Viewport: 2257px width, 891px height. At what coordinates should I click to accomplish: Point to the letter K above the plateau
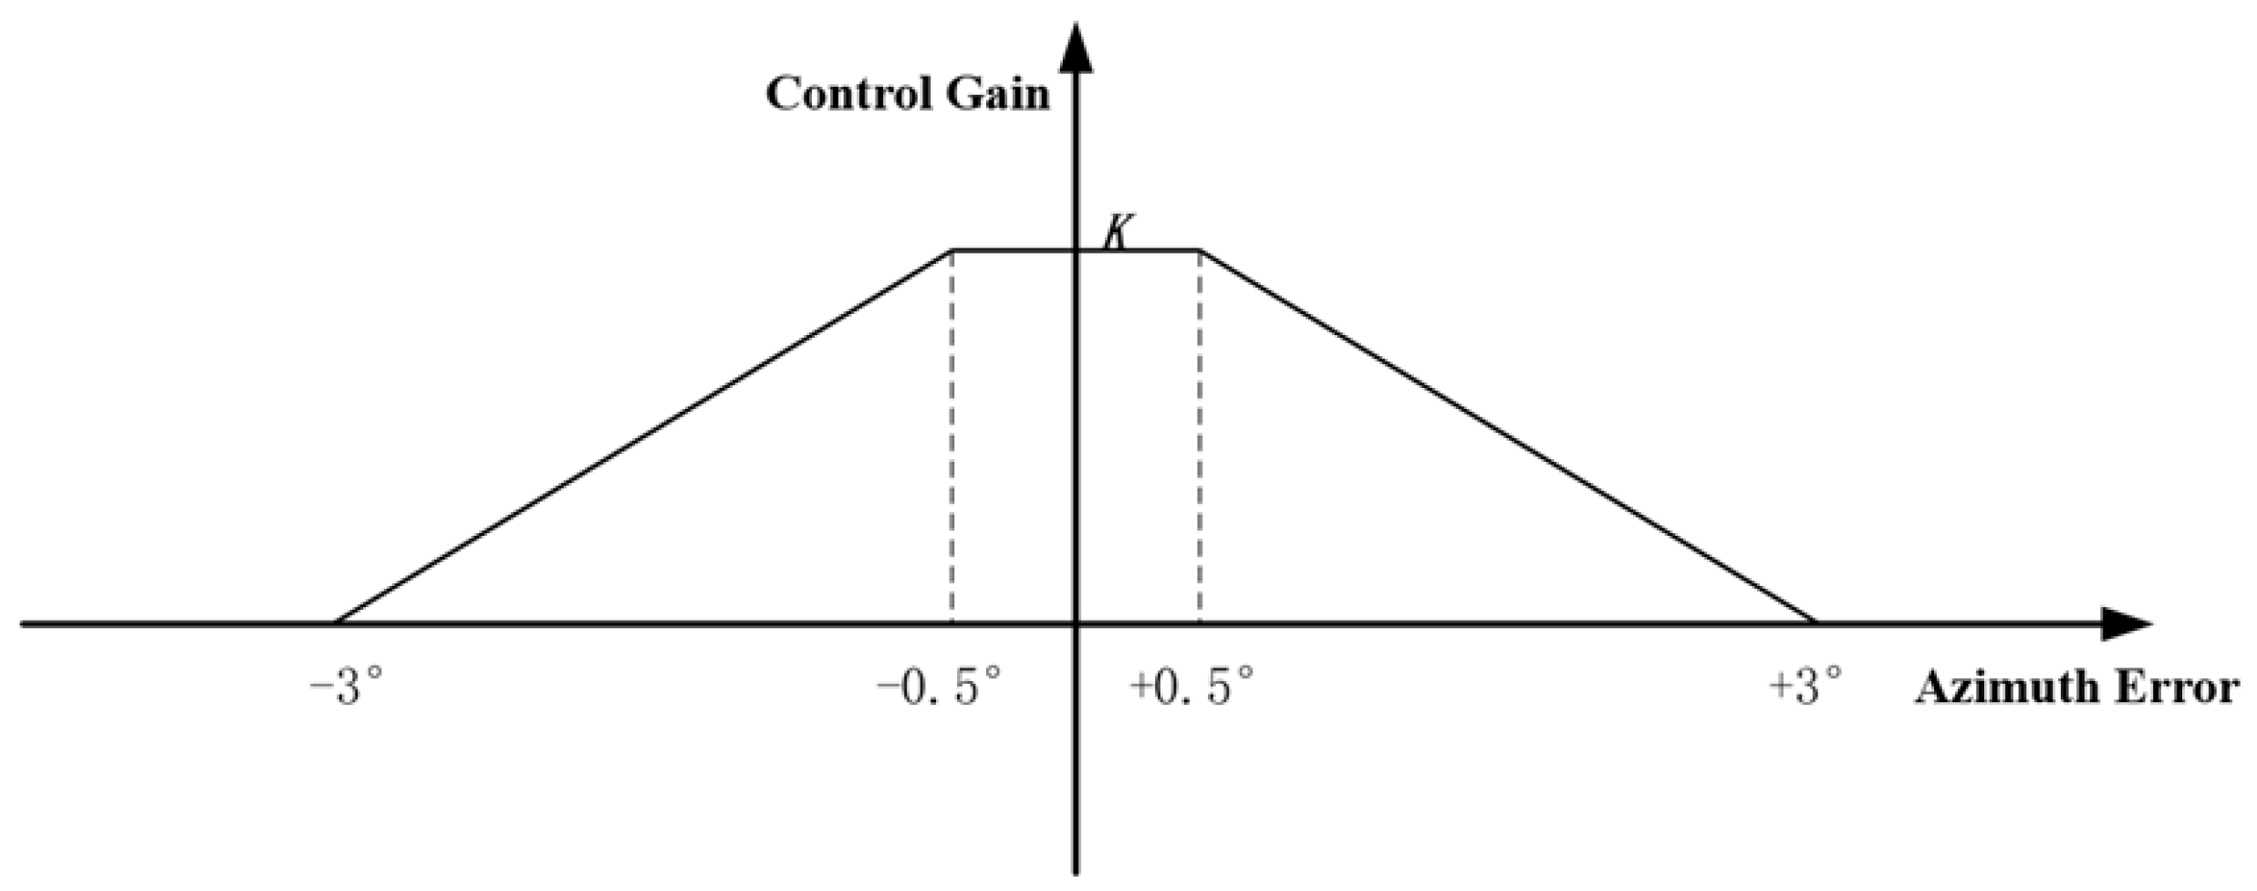(1116, 233)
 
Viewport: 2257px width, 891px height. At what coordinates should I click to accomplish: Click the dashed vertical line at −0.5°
(952, 438)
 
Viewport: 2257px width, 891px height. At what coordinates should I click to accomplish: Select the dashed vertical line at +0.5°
(1200, 438)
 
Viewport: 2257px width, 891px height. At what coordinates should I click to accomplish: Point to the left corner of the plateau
(952, 250)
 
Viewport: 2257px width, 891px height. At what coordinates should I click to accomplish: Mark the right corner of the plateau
(1200, 250)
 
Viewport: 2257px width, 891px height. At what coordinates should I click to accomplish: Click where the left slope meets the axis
(336, 624)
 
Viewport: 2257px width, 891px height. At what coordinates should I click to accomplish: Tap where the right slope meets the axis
(1815, 624)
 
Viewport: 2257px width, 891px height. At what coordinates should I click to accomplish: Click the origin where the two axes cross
(1077, 624)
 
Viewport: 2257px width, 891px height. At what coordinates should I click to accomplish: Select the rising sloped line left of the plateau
(644, 436)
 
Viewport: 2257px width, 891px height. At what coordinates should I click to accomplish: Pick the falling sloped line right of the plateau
(1507, 436)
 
